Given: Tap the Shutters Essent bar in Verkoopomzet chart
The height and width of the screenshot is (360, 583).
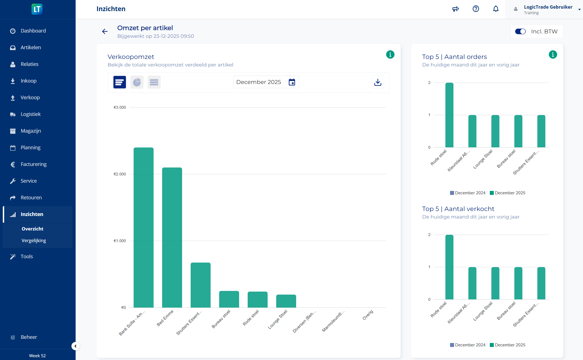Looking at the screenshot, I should tap(200, 285).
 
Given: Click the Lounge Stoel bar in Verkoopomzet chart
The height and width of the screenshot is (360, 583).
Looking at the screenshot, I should tap(286, 301).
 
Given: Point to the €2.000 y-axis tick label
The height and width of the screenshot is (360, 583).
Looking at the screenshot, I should tap(120, 174).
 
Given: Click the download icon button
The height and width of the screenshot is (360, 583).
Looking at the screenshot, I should tap(378, 82).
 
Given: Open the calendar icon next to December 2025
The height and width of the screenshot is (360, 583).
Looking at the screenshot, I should tap(292, 82).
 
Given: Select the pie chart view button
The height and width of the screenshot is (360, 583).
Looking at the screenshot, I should tap(137, 82).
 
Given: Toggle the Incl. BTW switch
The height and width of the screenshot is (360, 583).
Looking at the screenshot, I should tap(520, 31).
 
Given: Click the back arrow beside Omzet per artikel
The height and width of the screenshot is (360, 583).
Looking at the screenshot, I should tap(105, 31).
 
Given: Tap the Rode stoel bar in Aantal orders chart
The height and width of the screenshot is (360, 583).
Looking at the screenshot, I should tap(449, 115).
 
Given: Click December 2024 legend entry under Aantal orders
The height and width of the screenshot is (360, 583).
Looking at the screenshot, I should tap(468, 193).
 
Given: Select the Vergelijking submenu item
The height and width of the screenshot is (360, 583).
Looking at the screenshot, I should tap(34, 240).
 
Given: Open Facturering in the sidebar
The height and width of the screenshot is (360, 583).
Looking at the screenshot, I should tap(33, 164).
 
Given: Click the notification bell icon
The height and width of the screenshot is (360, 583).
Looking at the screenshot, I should tap(496, 9).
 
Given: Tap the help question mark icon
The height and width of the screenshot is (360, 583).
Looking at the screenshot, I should tap(476, 9).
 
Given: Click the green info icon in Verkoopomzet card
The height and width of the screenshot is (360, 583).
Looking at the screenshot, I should tap(390, 54).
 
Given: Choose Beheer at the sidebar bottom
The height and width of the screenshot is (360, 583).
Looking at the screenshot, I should tap(29, 337).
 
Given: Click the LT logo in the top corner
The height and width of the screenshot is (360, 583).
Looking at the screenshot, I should tap(37, 9).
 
